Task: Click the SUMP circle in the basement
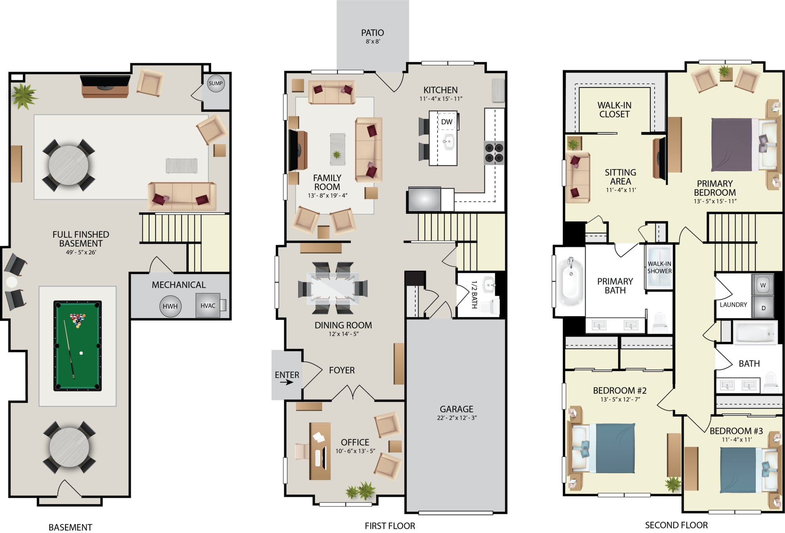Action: point(215,83)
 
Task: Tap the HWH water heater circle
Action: point(170,306)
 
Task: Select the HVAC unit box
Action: point(208,306)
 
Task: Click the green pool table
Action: point(77,346)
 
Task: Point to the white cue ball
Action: point(81,353)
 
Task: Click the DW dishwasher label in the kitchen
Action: point(447,122)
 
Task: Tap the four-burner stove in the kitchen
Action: point(494,153)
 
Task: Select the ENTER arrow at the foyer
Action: point(287,382)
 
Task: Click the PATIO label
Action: point(372,33)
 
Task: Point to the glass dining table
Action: point(333,288)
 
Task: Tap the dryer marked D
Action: point(763,307)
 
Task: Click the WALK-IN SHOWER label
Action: point(659,267)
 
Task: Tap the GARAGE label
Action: point(456,409)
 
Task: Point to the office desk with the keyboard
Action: point(320,451)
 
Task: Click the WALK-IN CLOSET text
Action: point(614,110)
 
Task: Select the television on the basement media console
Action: point(105,81)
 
